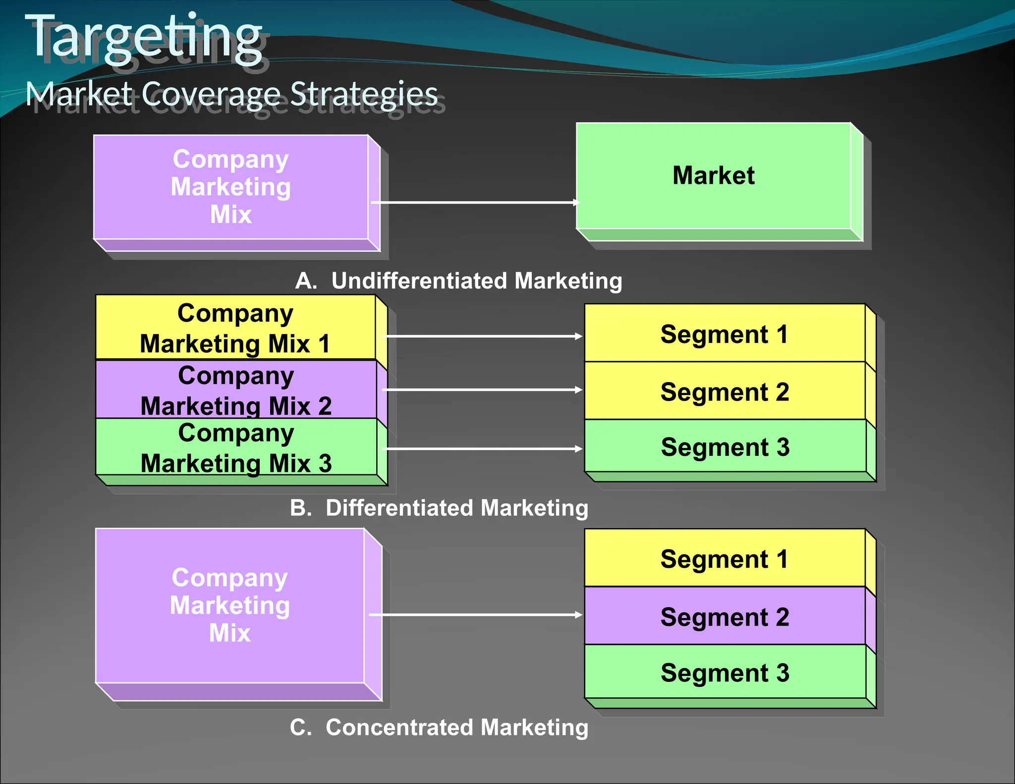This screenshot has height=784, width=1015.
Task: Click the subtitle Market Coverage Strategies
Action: click(231, 94)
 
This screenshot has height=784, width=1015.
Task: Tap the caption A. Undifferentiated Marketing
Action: click(458, 281)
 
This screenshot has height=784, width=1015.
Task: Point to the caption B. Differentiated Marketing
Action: click(439, 508)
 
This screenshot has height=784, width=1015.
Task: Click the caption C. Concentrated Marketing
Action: click(439, 728)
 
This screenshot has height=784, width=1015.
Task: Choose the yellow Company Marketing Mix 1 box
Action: click(235, 328)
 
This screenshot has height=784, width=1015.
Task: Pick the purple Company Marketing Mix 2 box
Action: click(236, 390)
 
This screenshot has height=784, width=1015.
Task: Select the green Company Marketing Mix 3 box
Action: click(236, 448)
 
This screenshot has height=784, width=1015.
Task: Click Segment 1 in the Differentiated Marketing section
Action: click(724, 334)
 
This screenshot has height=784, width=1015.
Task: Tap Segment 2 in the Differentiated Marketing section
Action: click(725, 392)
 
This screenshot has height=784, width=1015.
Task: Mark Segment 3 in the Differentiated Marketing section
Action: click(725, 447)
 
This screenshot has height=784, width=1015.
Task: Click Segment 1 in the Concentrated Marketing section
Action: click(724, 559)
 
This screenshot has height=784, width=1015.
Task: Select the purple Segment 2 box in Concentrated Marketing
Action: click(725, 616)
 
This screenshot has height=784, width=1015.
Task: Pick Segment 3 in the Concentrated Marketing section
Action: click(725, 672)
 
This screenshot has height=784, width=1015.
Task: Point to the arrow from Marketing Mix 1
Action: click(483, 336)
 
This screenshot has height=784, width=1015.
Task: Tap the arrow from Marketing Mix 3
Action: click(483, 448)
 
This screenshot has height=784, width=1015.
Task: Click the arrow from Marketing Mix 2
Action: click(483, 390)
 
